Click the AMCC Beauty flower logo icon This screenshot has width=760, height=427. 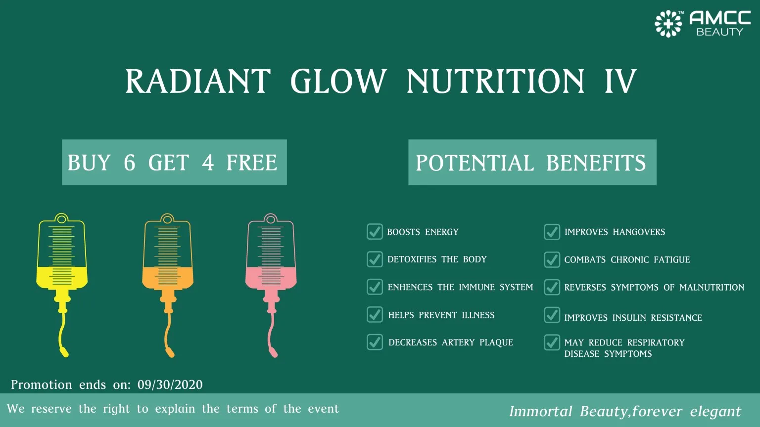pos(668,24)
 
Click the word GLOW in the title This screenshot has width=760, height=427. pos(338,82)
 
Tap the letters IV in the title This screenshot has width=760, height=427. pos(620,82)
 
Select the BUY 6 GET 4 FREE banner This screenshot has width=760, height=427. pos(174,163)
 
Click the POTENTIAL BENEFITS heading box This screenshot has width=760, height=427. pos(532,163)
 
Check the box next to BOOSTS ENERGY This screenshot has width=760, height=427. pos(375,231)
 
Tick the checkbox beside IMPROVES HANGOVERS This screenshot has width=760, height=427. pos(552,231)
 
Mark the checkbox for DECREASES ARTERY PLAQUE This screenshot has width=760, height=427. pos(375,342)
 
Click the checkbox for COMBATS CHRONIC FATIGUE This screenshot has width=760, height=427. pos(552,259)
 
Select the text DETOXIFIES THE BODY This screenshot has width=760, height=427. pos(437,259)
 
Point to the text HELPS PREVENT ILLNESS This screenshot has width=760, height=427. pos(441,315)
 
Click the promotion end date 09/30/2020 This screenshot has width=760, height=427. pos(170,385)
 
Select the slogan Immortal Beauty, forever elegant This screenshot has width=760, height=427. pos(625,411)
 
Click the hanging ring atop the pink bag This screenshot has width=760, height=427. pos(270,218)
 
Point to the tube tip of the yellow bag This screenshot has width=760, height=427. pos(64,352)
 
